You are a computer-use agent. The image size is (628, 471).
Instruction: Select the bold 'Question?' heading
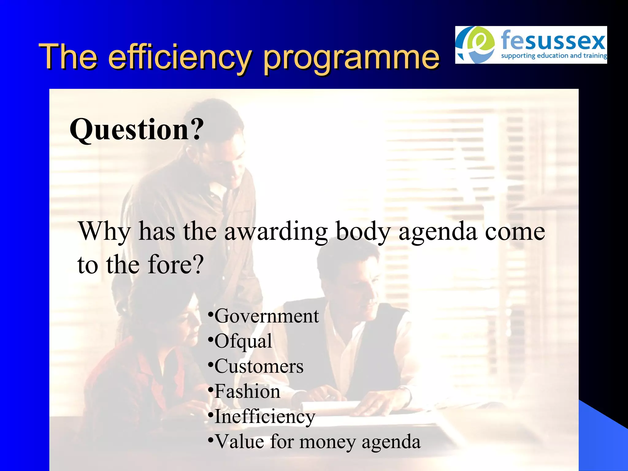(x=137, y=129)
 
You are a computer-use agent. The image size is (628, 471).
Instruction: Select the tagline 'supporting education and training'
(x=553, y=56)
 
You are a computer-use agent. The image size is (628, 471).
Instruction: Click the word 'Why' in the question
(x=105, y=232)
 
